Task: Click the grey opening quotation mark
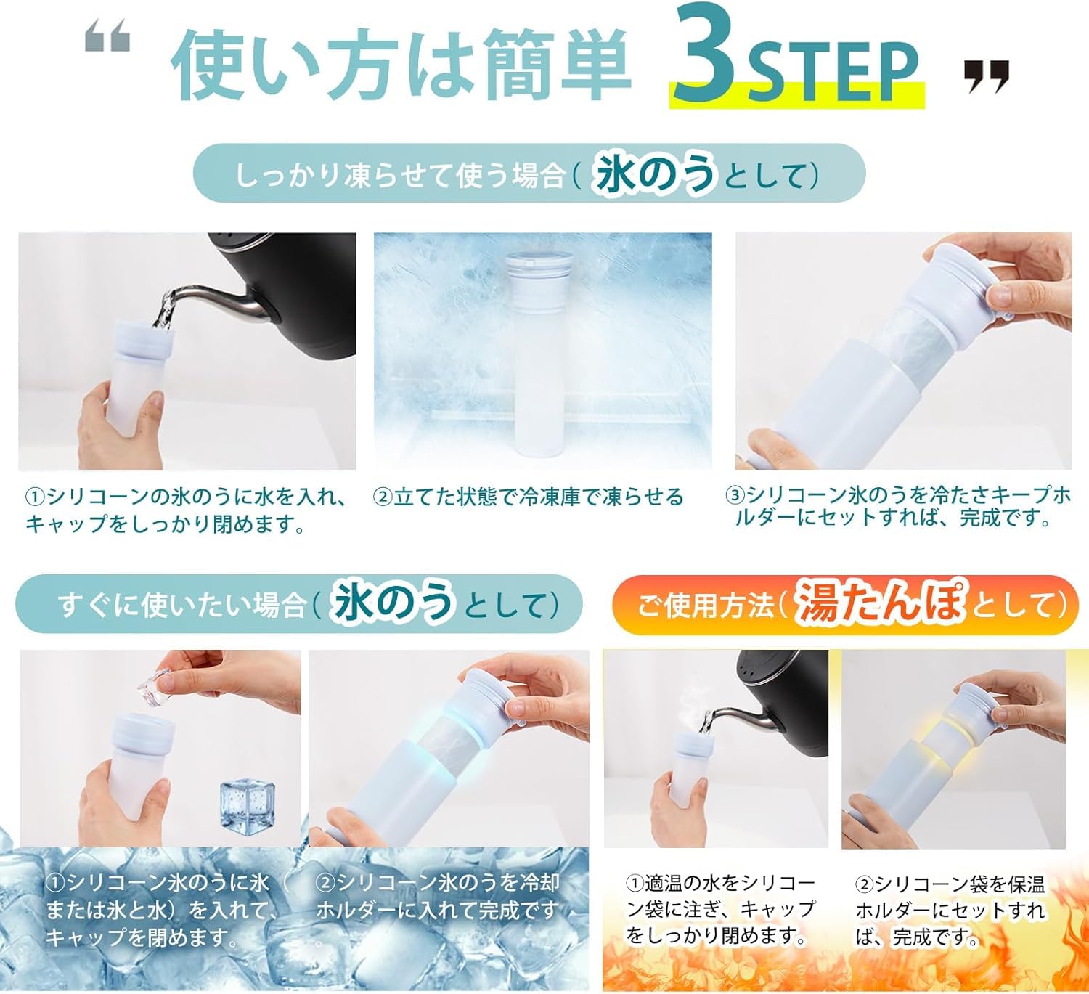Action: point(107,36)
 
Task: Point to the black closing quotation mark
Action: point(987,76)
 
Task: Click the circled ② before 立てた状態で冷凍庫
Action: point(382,497)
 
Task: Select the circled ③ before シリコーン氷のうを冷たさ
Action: point(735,495)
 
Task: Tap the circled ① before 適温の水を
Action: point(635,883)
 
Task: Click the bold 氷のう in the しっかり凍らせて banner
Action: point(656,174)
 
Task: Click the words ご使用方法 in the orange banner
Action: point(705,605)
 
